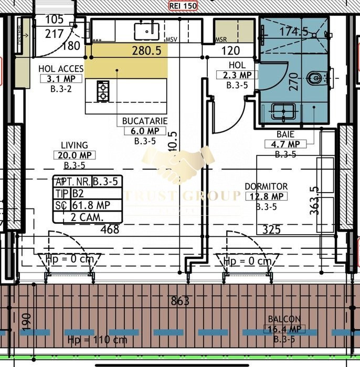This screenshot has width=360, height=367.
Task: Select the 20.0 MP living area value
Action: pos(74,155)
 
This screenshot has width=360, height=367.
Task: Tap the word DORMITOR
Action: pos(266,186)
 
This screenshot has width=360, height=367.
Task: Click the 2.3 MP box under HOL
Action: pos(237,75)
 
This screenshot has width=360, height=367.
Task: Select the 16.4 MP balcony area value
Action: pos(284,329)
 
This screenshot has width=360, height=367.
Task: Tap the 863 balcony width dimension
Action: pos(180,301)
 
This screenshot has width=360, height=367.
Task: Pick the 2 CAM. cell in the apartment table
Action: pos(87,216)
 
